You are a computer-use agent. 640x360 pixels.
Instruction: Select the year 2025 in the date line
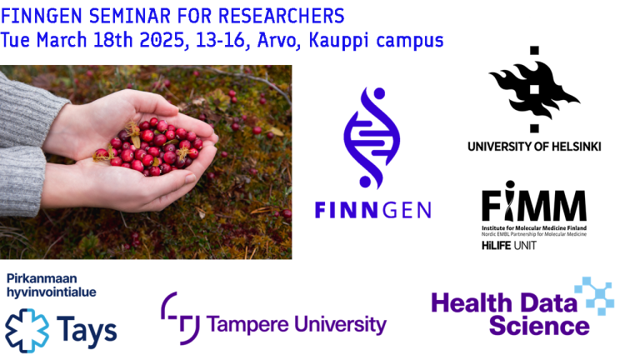click(162, 39)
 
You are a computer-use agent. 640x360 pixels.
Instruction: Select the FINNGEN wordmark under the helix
click(372, 210)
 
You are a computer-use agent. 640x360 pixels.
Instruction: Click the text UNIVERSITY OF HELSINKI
click(533, 147)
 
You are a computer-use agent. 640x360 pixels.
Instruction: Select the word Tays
click(87, 331)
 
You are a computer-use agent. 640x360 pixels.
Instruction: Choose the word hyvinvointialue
click(51, 292)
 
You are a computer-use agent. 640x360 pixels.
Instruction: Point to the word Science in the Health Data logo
click(538, 325)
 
